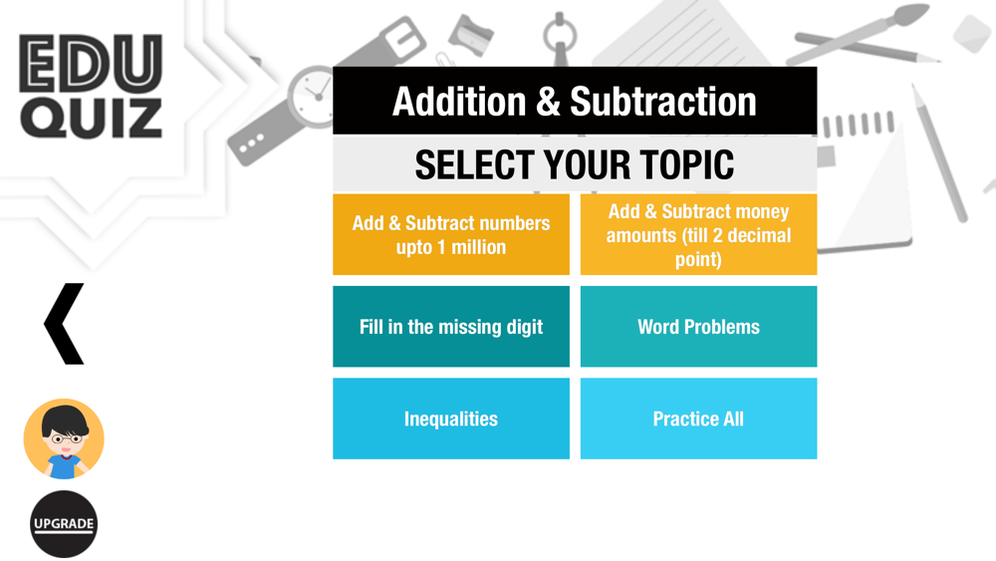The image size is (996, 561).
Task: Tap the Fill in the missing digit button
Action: pyautogui.click(x=451, y=327)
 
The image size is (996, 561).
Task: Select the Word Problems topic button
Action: pyautogui.click(x=699, y=327)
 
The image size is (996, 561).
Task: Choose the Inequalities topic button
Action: pyautogui.click(x=451, y=419)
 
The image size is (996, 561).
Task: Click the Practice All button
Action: pyautogui.click(x=699, y=419)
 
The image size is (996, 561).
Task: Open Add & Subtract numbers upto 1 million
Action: pyautogui.click(x=451, y=234)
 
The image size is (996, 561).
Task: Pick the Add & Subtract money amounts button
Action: pyautogui.click(x=699, y=234)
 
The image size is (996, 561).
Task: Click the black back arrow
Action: pyautogui.click(x=64, y=324)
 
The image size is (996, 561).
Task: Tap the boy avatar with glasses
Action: pyautogui.click(x=64, y=438)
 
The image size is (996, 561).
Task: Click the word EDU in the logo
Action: pyautogui.click(x=91, y=63)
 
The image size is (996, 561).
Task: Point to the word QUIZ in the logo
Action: pyautogui.click(x=91, y=119)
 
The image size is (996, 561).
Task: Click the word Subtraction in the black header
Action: pyautogui.click(x=663, y=102)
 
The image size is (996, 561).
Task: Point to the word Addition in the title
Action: pyautogui.click(x=459, y=102)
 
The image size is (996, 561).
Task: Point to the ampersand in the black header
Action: pyautogui.click(x=548, y=102)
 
